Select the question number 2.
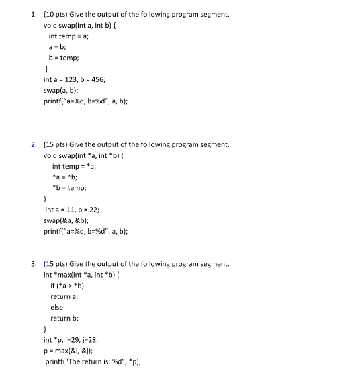click(x=34, y=144)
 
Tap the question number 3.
click(x=34, y=264)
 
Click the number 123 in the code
click(x=75, y=79)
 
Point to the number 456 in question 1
click(x=110, y=79)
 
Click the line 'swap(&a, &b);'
click(x=69, y=220)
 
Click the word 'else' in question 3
click(x=56, y=307)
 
